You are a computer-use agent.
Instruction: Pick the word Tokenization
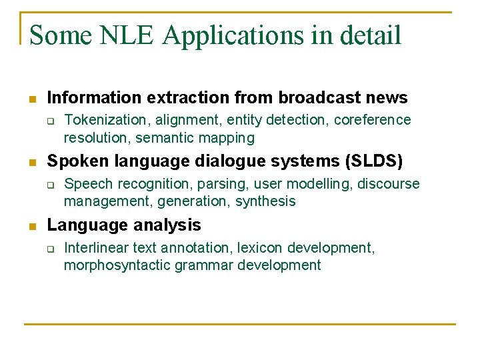[105, 120]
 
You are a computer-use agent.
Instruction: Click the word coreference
[373, 120]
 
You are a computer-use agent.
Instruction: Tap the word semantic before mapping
[165, 138]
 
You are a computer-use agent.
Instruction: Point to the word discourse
[389, 184]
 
